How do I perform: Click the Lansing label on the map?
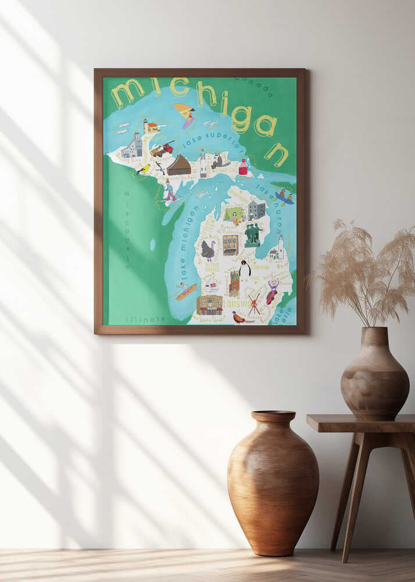point(237,303)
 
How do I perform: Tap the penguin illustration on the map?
point(245,269)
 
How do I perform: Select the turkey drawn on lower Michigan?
point(208,250)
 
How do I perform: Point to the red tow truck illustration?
point(162,149)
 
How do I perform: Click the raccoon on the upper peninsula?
point(217,161)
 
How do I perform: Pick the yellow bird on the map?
point(144,169)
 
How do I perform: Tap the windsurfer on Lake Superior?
point(187,115)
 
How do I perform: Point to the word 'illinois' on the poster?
point(145,318)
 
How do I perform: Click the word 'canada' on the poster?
point(253,87)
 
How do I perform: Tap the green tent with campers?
point(234,214)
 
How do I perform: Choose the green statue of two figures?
point(252,234)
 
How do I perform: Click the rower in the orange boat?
point(185,290)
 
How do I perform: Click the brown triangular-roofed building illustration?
point(179,165)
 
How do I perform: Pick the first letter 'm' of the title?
point(127,93)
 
